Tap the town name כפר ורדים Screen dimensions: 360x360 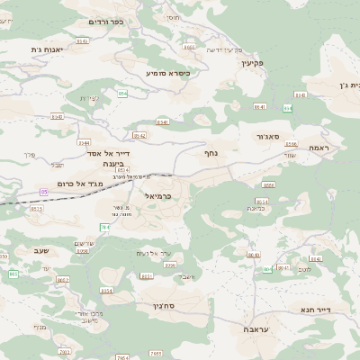coord(106,21)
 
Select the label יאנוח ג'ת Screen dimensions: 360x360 coord(50,49)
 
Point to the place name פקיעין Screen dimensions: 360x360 coord(251,64)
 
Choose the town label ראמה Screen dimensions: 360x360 coord(320,147)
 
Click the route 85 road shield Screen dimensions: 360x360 coord(43,192)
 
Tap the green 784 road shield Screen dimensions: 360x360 coord(105,227)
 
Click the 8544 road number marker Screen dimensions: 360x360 coord(85,142)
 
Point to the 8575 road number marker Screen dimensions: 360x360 coord(37,208)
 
